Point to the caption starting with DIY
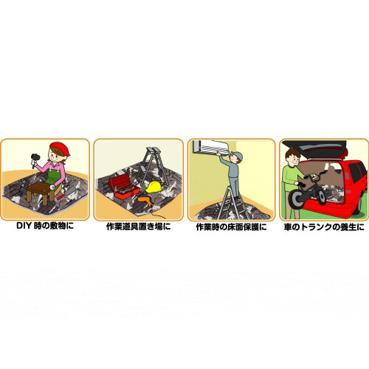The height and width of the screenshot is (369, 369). point(46,228)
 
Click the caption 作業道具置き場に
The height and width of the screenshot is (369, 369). point(138,228)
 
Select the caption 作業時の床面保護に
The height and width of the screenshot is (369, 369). point(230,228)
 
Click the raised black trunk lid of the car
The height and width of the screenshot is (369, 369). point(325,144)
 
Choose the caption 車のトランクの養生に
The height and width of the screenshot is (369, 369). point(324,228)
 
